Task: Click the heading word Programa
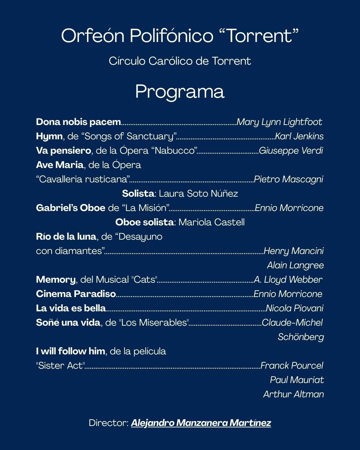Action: (180, 92)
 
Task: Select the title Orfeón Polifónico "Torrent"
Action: (180, 36)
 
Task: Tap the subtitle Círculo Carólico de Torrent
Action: (180, 61)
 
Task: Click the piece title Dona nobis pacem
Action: (78, 122)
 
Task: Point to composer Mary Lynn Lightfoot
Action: (279, 122)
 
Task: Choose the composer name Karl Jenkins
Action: (299, 136)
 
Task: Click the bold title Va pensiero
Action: (63, 151)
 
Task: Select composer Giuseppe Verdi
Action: (291, 151)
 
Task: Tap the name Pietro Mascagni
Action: (288, 179)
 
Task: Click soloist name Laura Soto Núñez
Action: (198, 194)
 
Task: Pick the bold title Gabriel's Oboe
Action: (71, 208)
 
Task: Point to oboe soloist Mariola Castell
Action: (211, 222)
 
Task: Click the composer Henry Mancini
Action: (293, 251)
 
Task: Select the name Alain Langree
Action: (295, 265)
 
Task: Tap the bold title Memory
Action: (56, 280)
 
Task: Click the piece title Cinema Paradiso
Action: (76, 294)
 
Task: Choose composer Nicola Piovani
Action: (294, 308)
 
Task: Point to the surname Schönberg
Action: (301, 337)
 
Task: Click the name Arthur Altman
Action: (293, 394)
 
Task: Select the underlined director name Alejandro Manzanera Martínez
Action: (201, 423)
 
